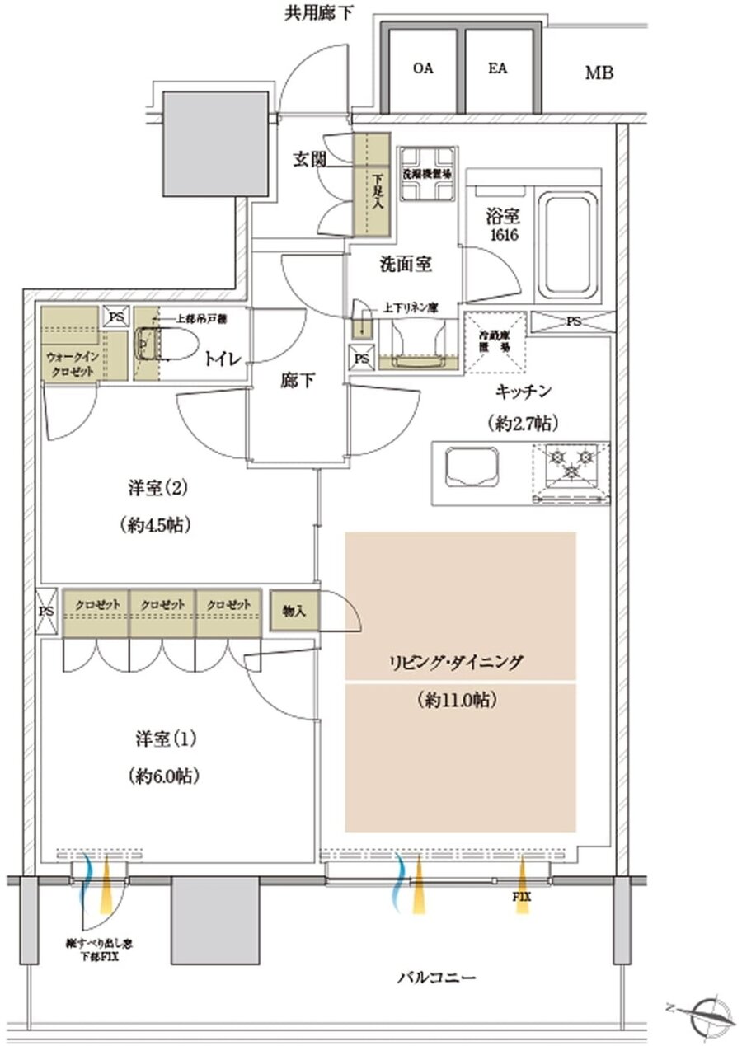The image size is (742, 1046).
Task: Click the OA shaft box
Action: coord(423,70)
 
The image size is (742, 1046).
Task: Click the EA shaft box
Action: coord(498,70)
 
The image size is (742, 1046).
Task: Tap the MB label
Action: coord(599,73)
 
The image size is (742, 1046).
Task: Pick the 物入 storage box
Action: coord(294,611)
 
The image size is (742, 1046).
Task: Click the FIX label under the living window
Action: coord(522,897)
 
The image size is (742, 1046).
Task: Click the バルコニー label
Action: coord(437,978)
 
